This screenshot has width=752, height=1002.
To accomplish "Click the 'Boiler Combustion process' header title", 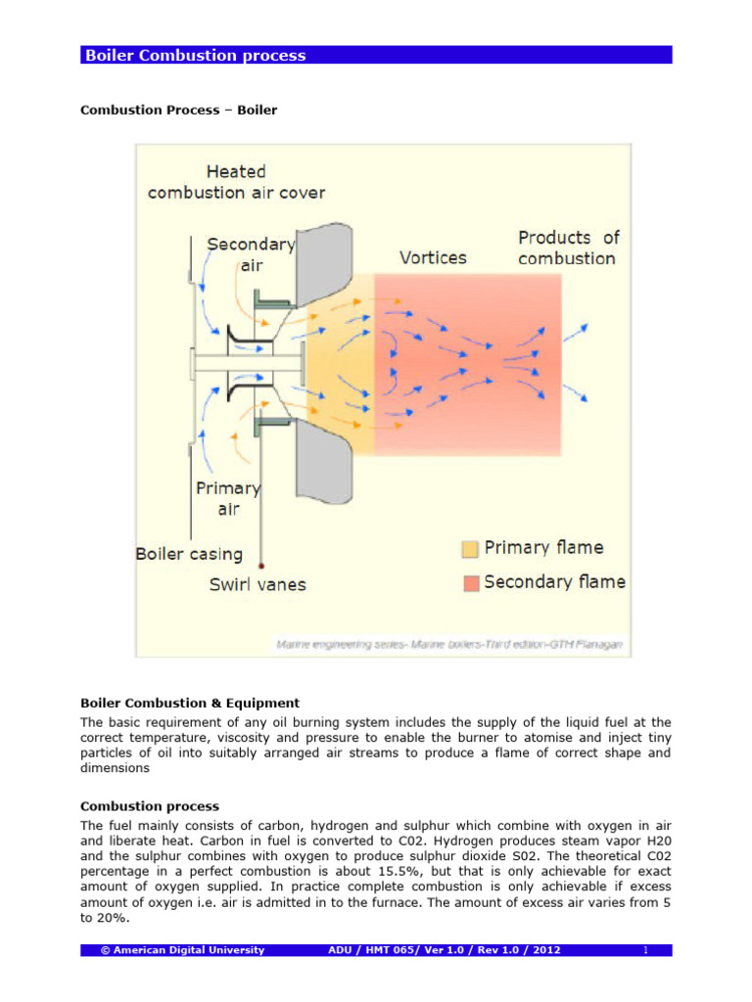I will coord(195,56).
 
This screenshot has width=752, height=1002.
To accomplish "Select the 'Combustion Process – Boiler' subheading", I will coord(178,110).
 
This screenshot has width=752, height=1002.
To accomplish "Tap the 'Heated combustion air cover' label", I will coord(236,182).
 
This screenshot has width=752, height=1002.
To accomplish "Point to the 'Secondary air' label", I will coord(250,253).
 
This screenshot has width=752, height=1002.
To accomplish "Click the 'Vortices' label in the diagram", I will coord(433,258).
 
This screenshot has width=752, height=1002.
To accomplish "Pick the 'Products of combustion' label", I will coord(568,248).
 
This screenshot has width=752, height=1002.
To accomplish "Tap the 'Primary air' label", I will coord(228,498).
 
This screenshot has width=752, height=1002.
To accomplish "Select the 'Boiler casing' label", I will coord(189,554).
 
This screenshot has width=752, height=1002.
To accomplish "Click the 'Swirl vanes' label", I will coord(258,585).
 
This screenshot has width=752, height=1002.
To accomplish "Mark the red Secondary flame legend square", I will coord(471,583).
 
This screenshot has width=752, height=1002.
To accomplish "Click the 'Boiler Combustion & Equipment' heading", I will coord(189,703).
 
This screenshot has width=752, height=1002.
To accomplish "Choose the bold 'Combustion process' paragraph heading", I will coord(150,806).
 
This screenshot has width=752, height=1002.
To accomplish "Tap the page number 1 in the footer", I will coord(646,950).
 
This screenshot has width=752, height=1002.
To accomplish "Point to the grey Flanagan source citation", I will coord(451,645).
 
